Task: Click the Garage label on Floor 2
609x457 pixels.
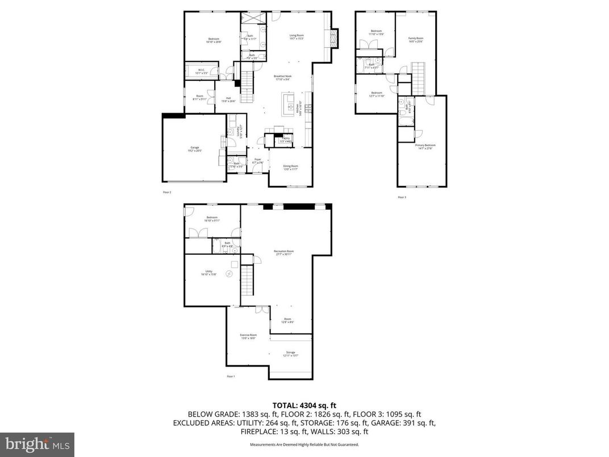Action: [194, 150]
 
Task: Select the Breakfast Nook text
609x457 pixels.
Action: [282, 78]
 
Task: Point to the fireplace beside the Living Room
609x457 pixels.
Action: [335, 39]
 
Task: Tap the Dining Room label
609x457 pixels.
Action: [290, 167]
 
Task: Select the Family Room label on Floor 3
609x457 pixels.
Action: [416, 40]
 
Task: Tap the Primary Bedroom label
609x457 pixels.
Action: [425, 147]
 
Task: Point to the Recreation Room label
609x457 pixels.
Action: [283, 252]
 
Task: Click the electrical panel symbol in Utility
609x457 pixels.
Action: [230, 274]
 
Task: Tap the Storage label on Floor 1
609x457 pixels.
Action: [290, 354]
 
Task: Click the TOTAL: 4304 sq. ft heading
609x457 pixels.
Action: [304, 405]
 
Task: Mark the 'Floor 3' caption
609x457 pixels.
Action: [402, 197]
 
